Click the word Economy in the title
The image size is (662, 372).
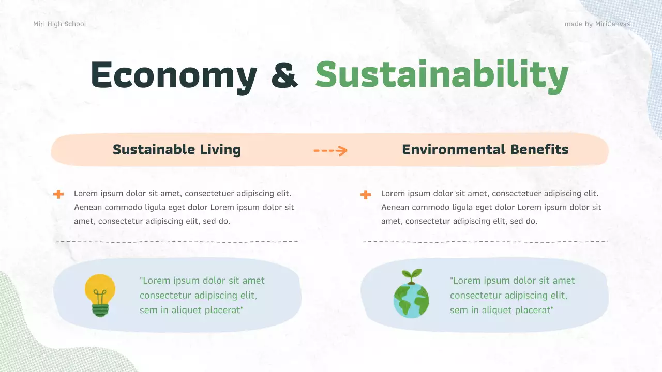tap(174, 75)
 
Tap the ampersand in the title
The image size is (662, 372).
tap(284, 75)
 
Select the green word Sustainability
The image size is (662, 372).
tap(442, 75)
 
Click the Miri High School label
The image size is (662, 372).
tap(59, 24)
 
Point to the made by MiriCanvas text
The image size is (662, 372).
tap(597, 24)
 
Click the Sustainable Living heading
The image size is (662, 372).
tap(177, 150)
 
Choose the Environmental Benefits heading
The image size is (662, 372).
tap(485, 150)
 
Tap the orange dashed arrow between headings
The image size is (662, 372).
tap(330, 150)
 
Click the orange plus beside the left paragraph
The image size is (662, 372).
tap(58, 194)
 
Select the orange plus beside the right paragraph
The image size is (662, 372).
tap(366, 194)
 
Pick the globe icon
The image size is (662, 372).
tap(411, 300)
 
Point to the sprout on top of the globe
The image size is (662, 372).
tap(412, 275)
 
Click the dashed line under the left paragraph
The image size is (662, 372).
tap(177, 242)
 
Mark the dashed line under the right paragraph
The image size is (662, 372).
tap(485, 242)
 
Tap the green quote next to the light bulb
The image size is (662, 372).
tap(202, 295)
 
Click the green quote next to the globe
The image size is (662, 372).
tap(512, 295)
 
